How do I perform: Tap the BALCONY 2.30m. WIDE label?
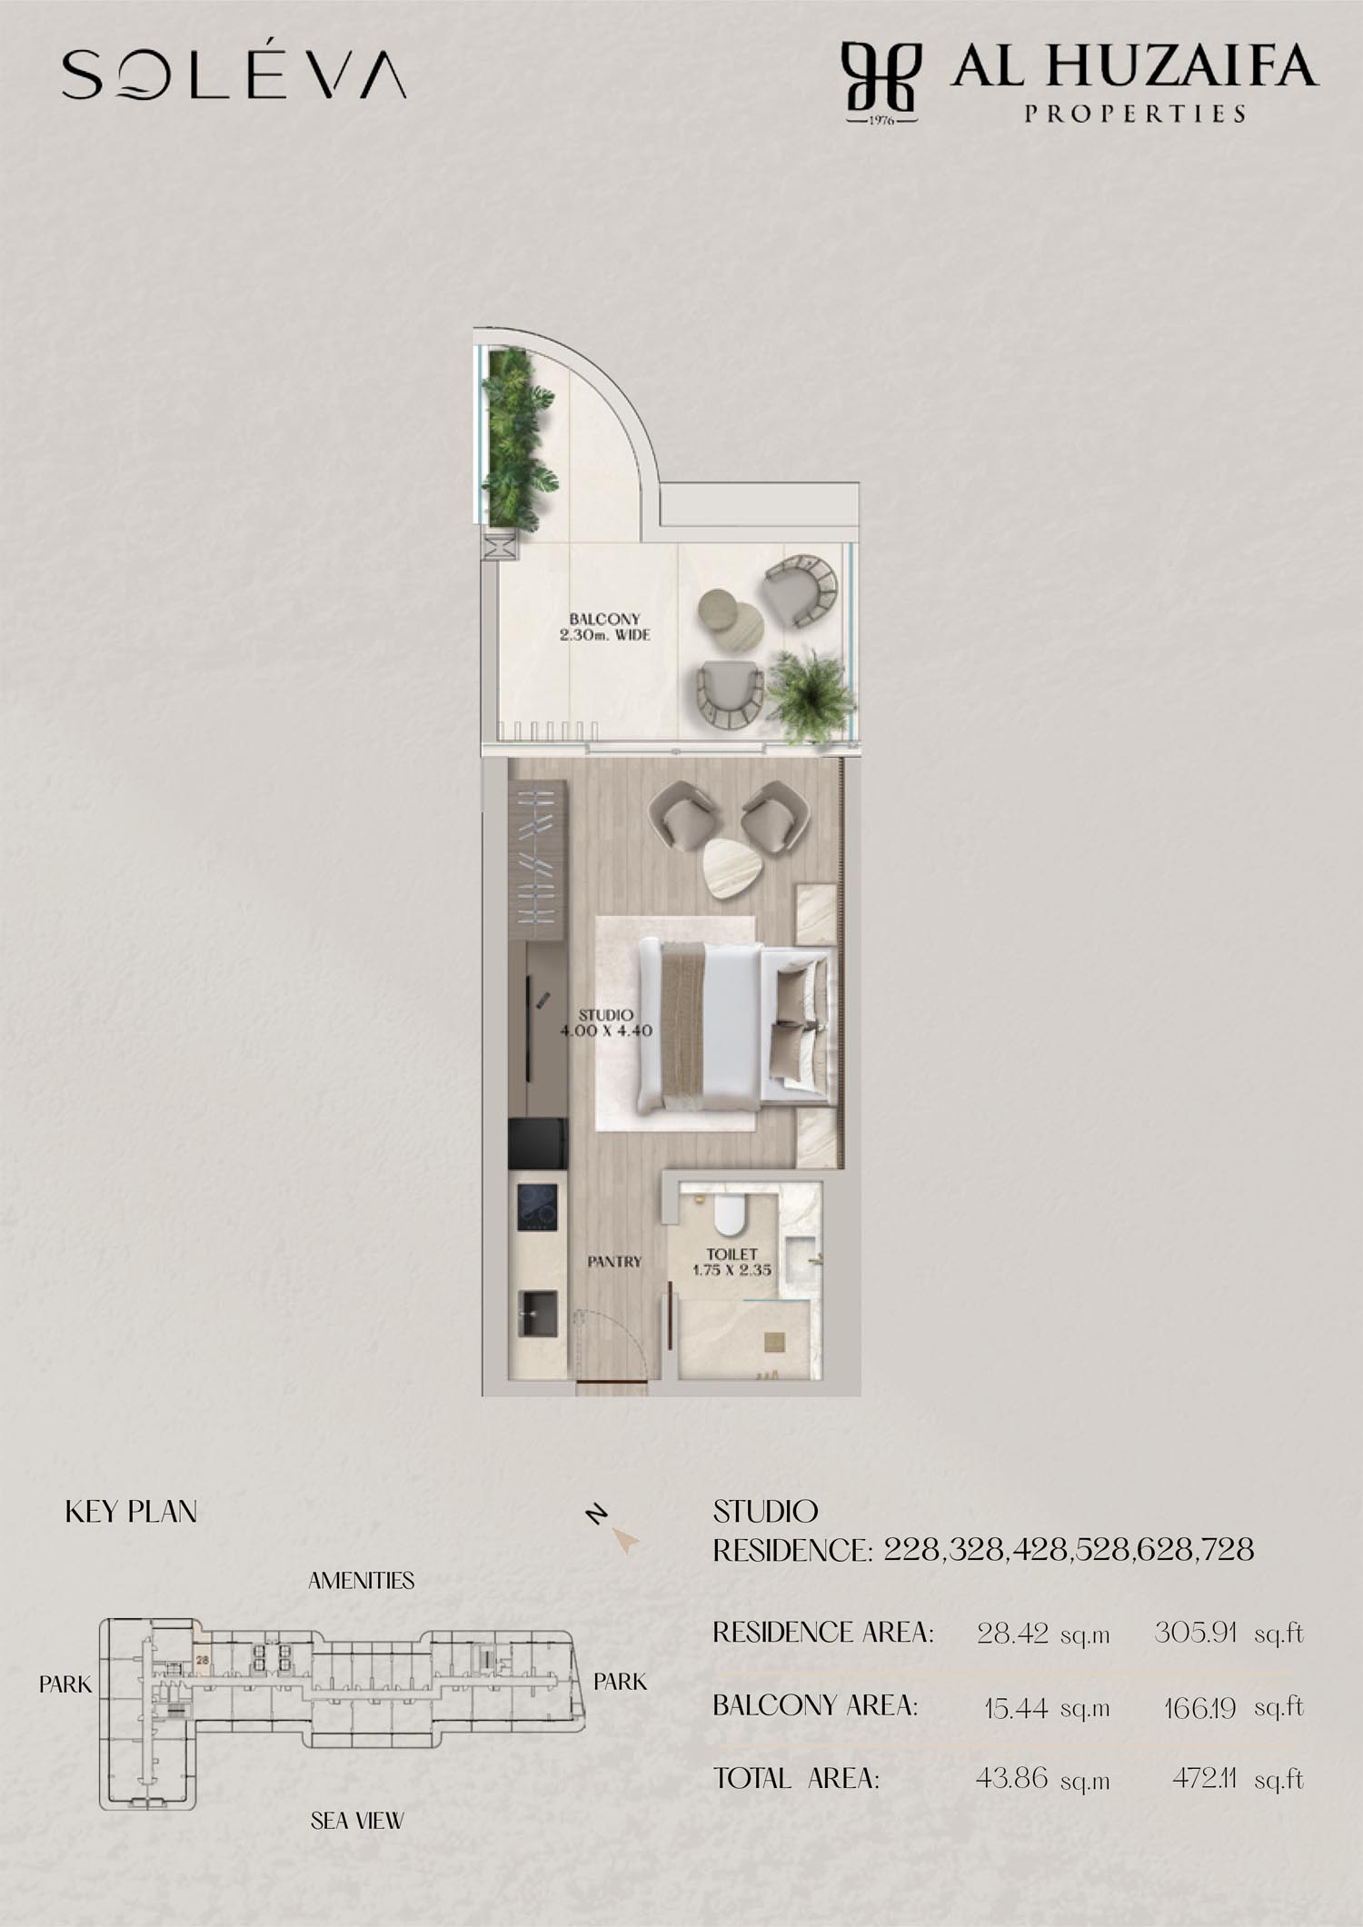[x=604, y=627]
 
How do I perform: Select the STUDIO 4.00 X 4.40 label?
[x=606, y=1022]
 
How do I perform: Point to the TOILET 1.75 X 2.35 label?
[x=731, y=1262]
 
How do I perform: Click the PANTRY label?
[x=614, y=1262]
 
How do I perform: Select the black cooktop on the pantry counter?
[x=538, y=1207]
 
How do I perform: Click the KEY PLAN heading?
[x=131, y=1513]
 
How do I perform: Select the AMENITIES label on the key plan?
[x=361, y=1581]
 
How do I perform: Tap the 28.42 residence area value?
[x=1011, y=1634]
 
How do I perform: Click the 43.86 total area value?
[x=1011, y=1778]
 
